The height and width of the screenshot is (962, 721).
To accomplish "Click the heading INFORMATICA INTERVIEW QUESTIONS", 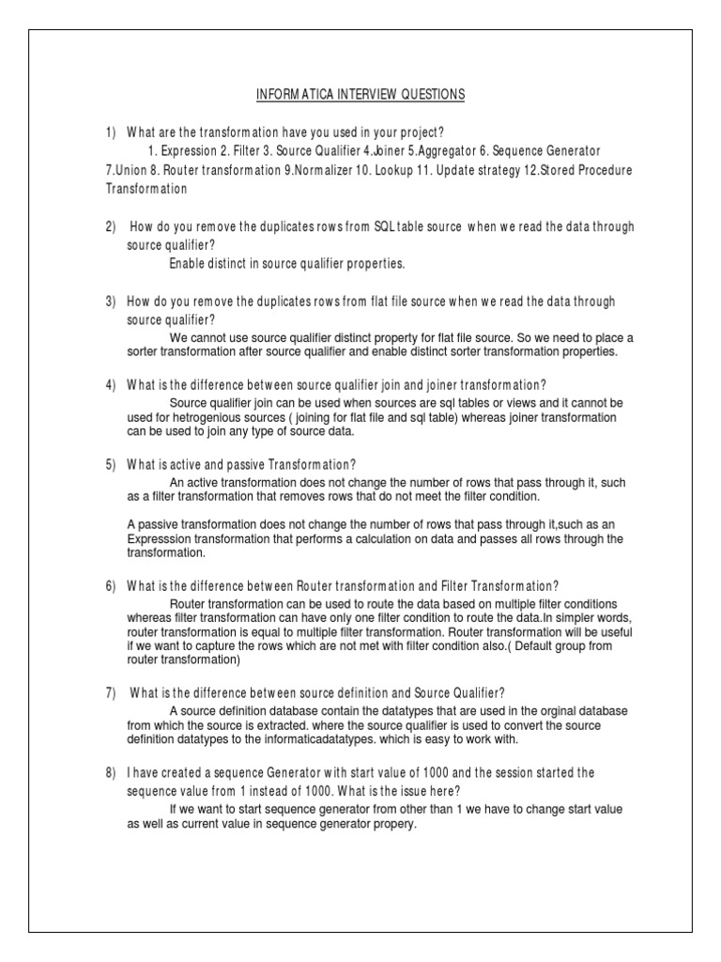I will [x=360, y=96].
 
